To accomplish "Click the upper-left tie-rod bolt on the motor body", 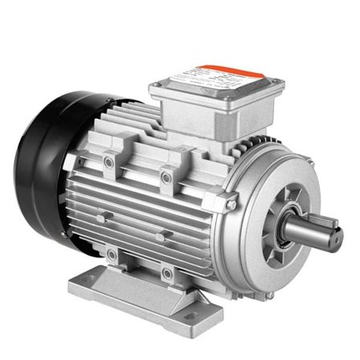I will (x=109, y=162).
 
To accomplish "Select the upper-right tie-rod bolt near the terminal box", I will (x=166, y=175).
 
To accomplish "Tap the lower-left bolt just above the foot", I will (x=111, y=255).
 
